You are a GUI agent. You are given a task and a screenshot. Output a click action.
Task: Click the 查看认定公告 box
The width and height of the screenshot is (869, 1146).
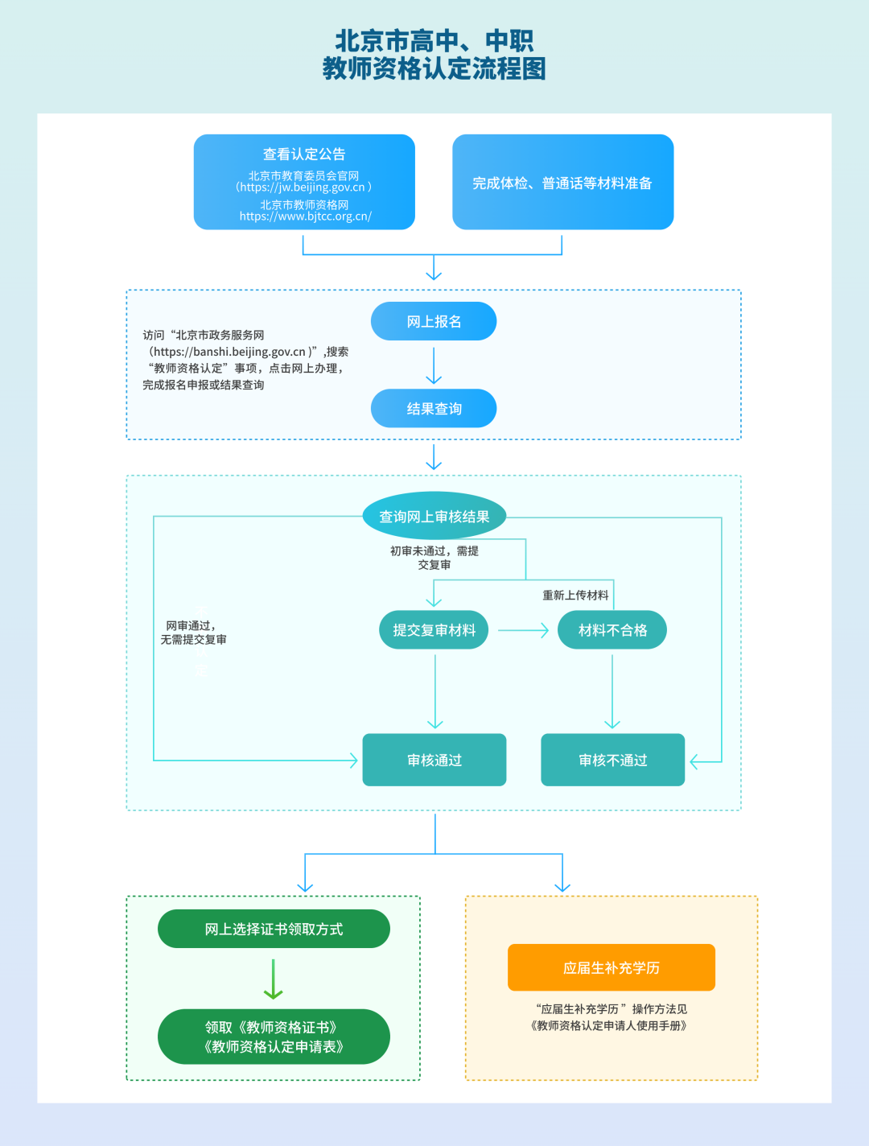304,182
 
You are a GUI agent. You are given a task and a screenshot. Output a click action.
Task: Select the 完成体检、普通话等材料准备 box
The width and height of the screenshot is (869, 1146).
562,182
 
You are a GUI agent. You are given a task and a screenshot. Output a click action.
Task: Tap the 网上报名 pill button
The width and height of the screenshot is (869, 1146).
434,321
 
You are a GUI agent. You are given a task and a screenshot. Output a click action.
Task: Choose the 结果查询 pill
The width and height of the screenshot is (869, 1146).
434,408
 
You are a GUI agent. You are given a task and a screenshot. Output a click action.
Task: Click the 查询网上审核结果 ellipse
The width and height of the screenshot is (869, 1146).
434,516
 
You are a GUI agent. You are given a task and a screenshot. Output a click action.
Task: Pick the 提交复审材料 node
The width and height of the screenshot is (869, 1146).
434,629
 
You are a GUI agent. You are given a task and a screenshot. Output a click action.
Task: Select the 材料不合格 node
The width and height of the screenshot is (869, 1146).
612,629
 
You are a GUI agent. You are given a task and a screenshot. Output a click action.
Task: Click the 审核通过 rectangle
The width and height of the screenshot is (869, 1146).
434,760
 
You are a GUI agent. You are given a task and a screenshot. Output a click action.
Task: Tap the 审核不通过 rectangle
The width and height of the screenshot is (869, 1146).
613,760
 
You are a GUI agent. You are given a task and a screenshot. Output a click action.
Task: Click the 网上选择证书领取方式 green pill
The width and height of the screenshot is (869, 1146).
274,929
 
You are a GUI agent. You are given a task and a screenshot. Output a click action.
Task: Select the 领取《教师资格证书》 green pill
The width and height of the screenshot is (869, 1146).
274,1037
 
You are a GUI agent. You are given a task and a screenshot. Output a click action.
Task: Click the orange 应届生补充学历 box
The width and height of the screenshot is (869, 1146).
612,967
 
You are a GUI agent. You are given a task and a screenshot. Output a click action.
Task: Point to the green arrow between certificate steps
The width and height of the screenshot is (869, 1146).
273,979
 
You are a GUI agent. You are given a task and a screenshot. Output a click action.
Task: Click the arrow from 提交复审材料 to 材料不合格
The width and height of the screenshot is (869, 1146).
523,630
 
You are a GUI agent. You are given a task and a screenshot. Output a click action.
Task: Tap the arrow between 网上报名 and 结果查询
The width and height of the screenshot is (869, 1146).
434,366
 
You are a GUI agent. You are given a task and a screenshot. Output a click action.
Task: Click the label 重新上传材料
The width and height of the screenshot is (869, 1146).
575,596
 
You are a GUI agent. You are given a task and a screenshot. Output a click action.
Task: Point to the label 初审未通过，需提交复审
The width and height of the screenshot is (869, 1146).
434,558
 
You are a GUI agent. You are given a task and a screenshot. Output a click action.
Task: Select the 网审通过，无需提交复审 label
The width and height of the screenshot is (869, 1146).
193,633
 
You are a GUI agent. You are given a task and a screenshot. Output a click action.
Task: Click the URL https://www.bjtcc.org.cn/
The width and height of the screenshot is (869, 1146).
305,216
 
